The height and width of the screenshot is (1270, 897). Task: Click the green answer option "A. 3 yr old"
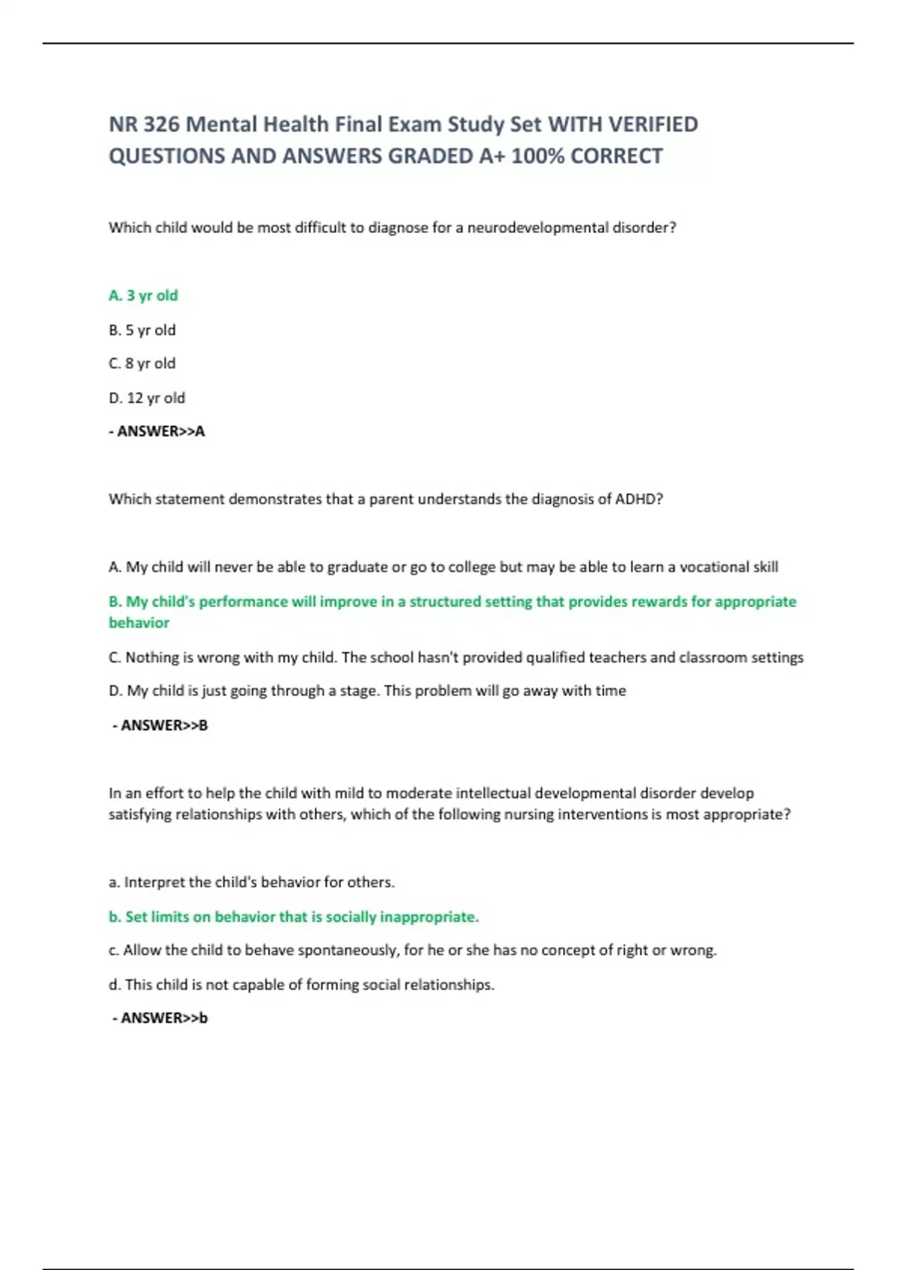pos(144,295)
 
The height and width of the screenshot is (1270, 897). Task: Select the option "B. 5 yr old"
pos(142,329)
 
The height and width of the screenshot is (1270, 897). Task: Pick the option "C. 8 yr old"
pos(142,363)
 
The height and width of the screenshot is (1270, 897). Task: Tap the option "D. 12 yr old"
pos(147,397)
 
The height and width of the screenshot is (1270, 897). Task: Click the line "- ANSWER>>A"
pos(157,431)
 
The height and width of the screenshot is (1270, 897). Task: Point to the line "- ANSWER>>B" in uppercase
pos(160,725)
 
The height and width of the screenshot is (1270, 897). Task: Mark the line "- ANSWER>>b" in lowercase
pos(160,1017)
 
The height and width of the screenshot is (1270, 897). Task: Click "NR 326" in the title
pos(144,124)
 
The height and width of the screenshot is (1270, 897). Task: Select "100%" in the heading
pos(537,156)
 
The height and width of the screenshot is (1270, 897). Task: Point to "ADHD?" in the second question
pos(638,499)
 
